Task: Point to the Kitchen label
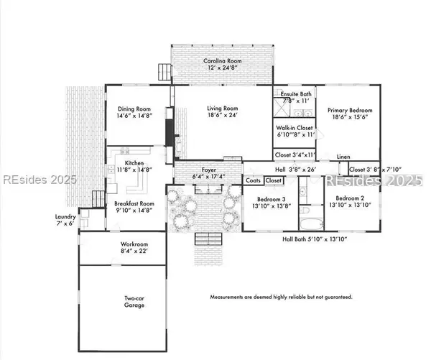click(x=134, y=163)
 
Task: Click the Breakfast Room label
click(x=134, y=204)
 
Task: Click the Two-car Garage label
click(x=134, y=301)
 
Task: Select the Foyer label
click(x=209, y=170)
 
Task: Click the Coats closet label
click(x=253, y=181)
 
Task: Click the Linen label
click(x=343, y=157)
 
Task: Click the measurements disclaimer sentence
click(x=281, y=296)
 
